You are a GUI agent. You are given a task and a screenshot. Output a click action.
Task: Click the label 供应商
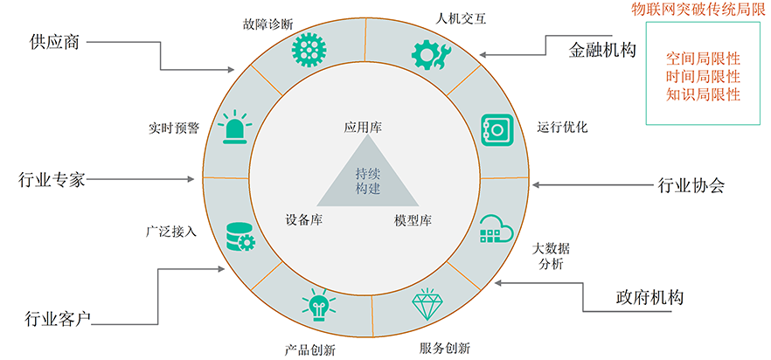click(54, 42)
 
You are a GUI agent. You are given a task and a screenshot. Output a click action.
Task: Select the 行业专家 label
click(52, 179)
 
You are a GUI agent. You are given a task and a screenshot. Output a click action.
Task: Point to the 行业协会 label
click(691, 185)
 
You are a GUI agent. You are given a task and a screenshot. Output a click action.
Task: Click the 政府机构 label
click(649, 297)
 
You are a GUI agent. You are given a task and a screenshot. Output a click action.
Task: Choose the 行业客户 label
click(58, 320)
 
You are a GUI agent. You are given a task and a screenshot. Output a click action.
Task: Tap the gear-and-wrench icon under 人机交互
click(430, 53)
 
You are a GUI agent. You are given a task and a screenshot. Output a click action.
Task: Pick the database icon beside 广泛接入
click(240, 237)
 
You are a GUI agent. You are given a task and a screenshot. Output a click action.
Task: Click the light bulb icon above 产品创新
click(318, 304)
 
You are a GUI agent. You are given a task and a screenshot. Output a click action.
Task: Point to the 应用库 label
click(363, 128)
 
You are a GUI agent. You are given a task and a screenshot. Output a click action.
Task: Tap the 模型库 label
click(413, 220)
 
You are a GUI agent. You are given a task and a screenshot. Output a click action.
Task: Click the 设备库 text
click(304, 220)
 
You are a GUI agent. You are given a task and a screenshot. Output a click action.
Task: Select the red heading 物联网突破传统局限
click(698, 10)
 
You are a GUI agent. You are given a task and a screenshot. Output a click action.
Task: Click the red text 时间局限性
click(703, 77)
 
